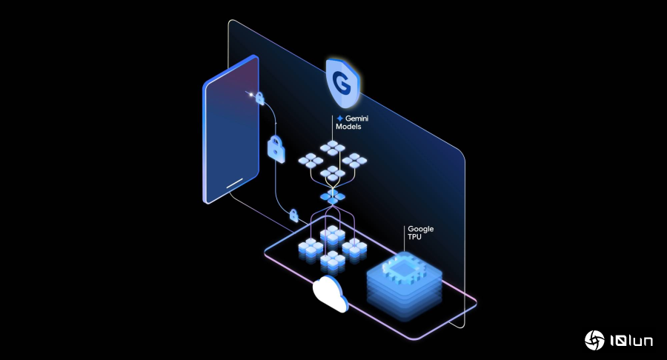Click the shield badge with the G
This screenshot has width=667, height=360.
click(342, 84)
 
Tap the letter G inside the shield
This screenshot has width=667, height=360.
click(342, 82)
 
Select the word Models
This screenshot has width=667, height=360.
click(351, 128)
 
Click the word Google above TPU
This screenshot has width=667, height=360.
click(420, 230)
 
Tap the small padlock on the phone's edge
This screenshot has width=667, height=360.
click(260, 97)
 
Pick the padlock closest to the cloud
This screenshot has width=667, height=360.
click(293, 216)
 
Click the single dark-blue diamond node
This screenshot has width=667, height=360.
click(332, 197)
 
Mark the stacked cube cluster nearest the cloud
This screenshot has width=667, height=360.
click(331, 261)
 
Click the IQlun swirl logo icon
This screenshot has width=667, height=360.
click(594, 340)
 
